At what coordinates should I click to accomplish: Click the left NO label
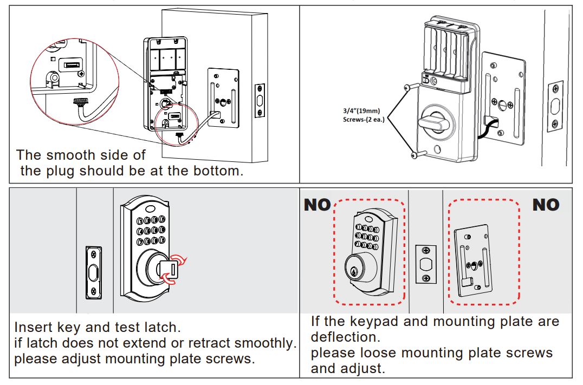(x=317, y=205)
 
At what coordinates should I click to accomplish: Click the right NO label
(x=546, y=205)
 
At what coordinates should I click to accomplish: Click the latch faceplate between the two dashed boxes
(x=425, y=264)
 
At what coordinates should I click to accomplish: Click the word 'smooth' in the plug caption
(x=68, y=155)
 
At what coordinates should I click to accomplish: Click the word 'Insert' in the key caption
(x=31, y=328)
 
